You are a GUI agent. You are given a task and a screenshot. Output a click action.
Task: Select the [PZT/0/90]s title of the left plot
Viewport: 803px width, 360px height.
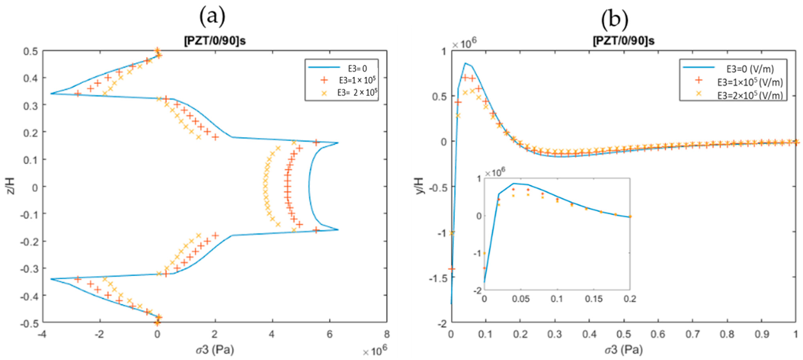215,41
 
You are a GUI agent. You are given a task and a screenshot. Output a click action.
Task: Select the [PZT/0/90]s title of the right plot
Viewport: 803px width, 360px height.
623,41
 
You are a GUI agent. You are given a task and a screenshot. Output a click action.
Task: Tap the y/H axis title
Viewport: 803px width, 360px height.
420,186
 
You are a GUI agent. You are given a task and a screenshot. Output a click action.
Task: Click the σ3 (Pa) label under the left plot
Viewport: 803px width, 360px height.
215,350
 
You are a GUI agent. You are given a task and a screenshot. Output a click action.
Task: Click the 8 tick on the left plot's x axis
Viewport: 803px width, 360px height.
387,334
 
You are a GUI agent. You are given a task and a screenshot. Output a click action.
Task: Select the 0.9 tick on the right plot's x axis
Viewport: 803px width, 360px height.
761,334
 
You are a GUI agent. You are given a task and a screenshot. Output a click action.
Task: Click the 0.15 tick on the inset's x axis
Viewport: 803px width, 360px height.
594,299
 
